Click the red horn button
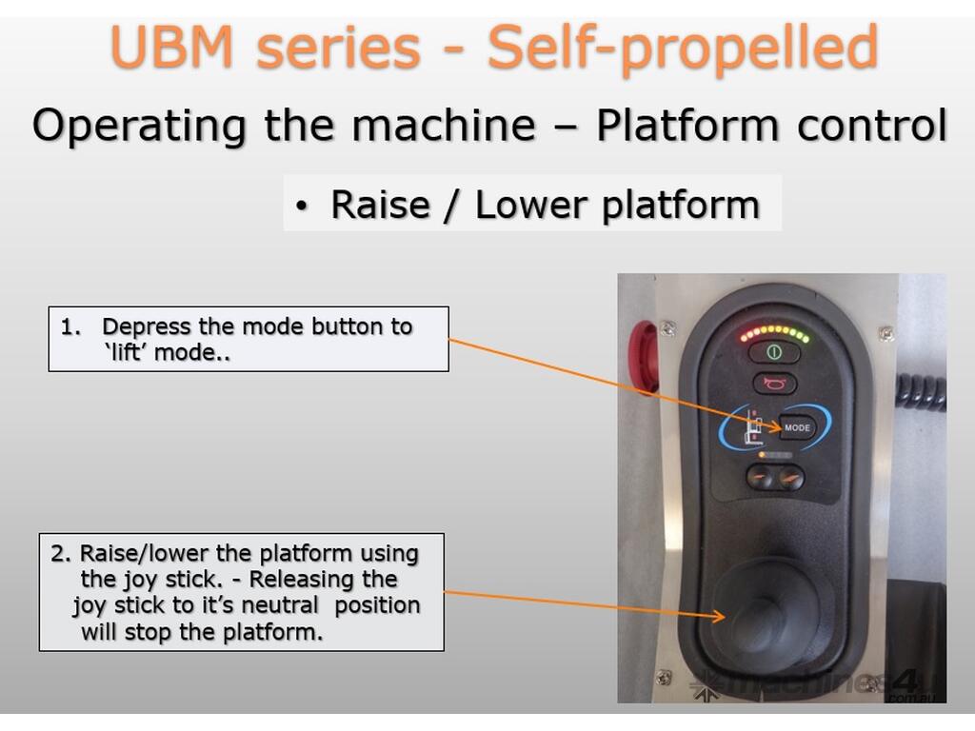(x=773, y=384)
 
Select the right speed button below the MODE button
(x=790, y=478)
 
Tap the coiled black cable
(x=921, y=391)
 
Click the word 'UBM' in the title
(x=169, y=48)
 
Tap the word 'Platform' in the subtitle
(x=688, y=126)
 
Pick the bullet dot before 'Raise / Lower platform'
(x=302, y=207)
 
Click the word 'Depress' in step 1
(x=147, y=326)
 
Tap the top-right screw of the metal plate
(x=885, y=333)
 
